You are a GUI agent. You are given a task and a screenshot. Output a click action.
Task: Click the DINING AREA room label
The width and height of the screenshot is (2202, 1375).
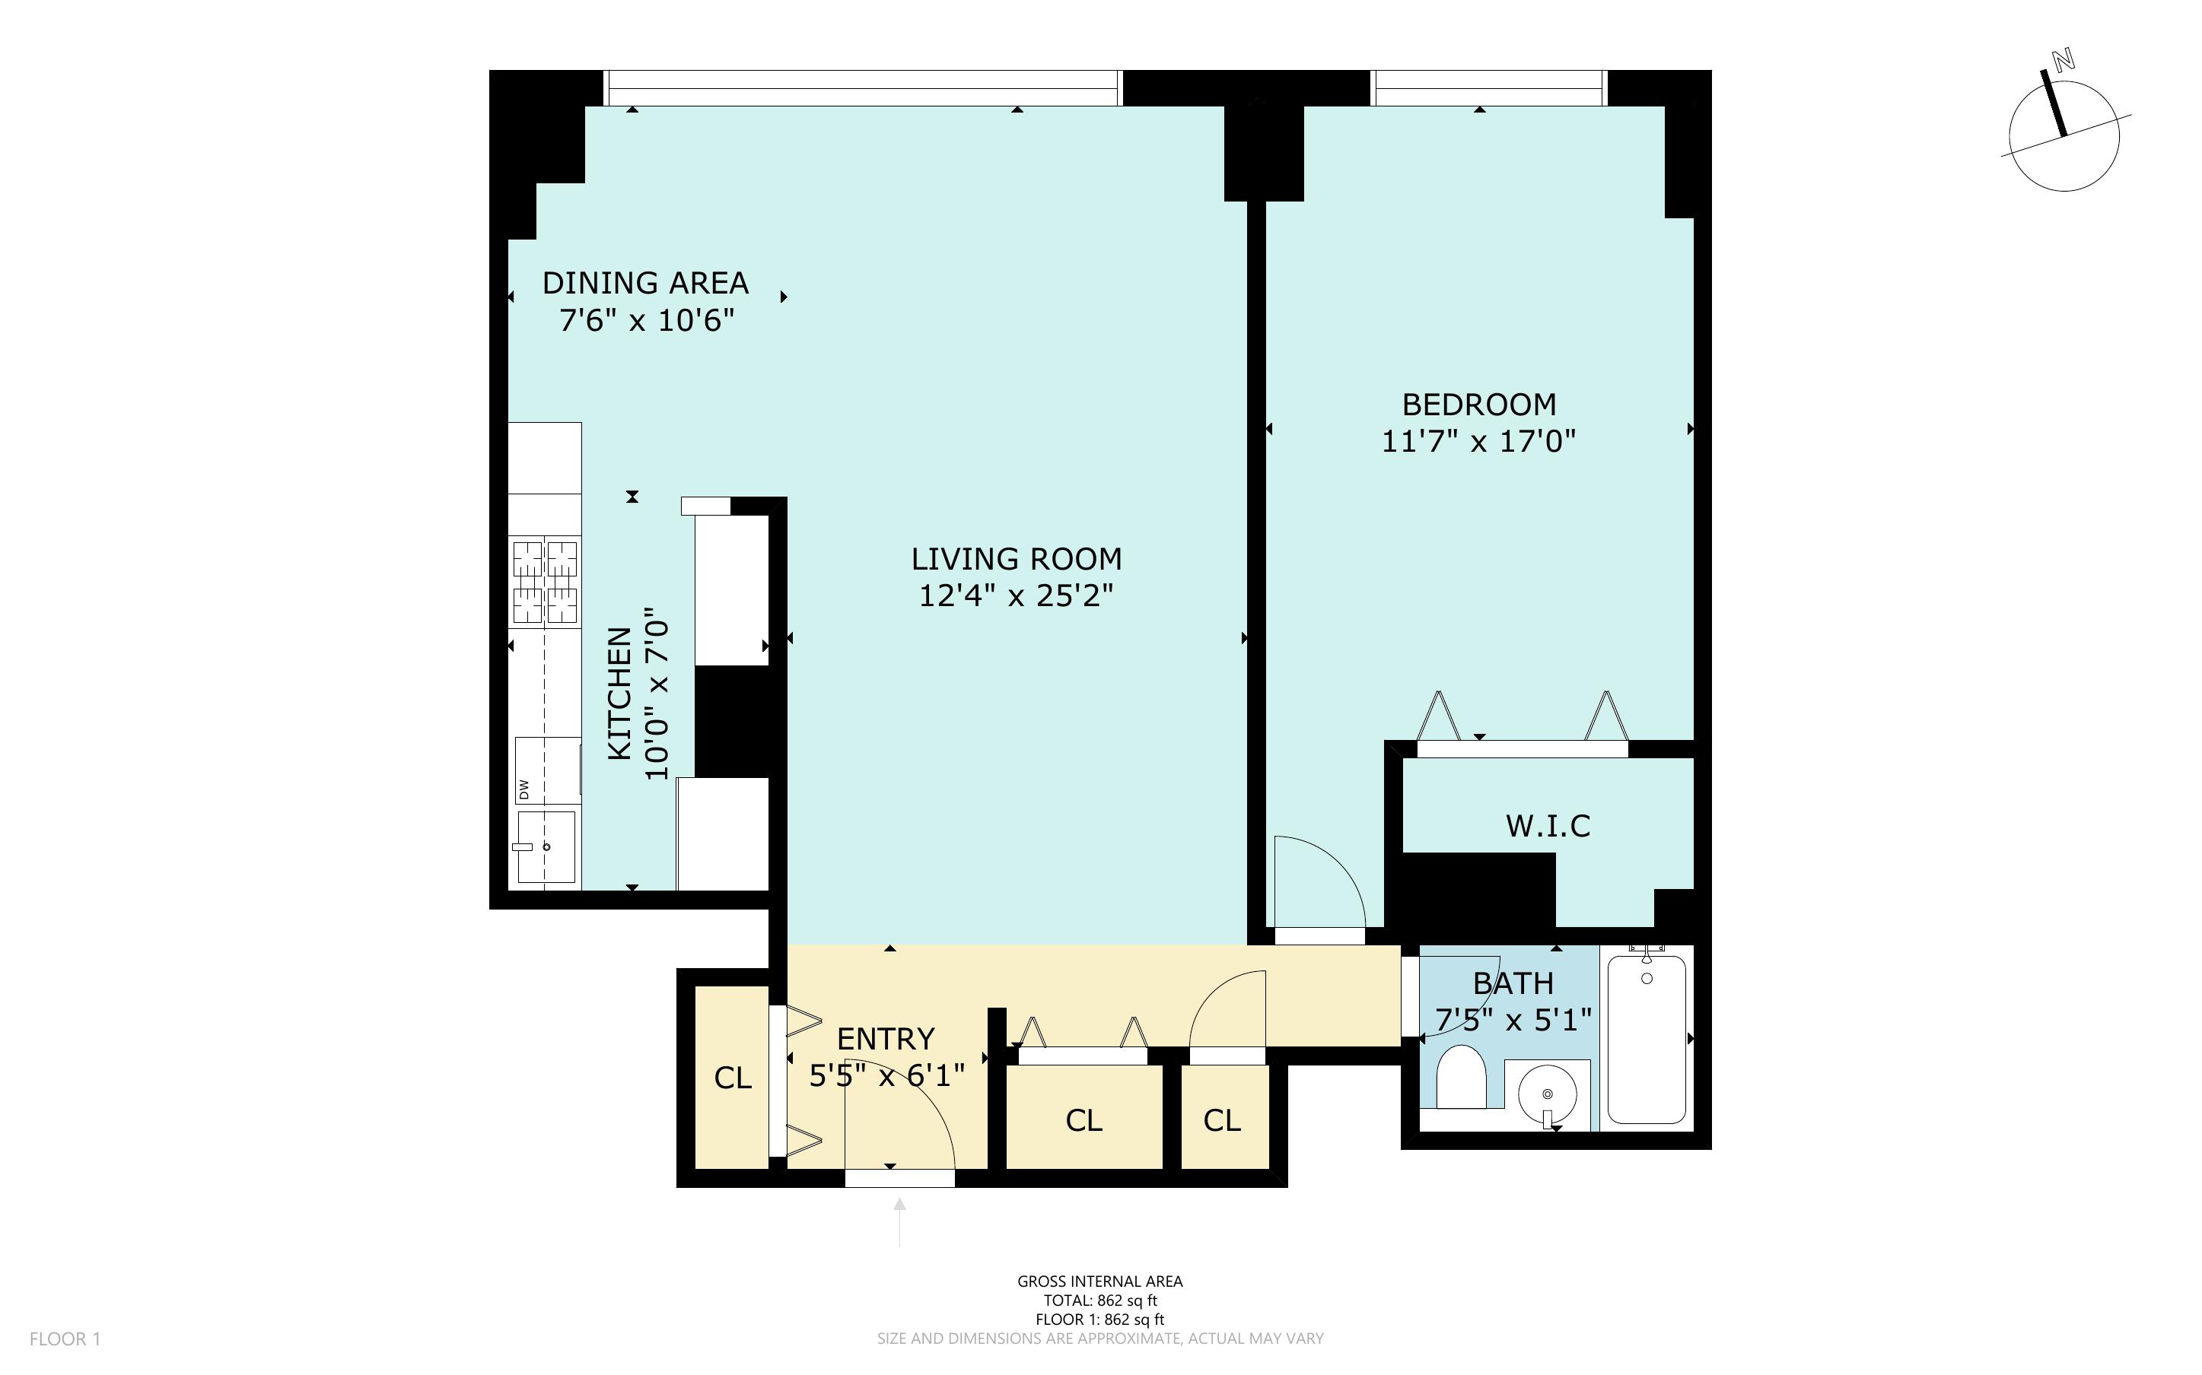645,283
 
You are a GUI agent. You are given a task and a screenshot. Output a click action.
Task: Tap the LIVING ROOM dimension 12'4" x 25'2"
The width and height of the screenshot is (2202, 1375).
1016,595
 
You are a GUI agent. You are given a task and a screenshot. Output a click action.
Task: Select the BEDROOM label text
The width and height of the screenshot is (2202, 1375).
1479,404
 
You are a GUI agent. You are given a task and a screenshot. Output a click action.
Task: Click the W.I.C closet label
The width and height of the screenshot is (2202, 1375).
1548,826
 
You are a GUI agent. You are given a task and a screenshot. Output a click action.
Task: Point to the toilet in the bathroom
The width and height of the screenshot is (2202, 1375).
1461,1077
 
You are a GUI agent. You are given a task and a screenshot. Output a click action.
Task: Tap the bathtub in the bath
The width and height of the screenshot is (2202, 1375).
1647,1039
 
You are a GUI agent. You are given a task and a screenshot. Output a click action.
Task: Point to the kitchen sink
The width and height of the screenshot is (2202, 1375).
546,846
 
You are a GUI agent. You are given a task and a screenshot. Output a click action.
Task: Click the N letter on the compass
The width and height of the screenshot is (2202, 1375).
2063,85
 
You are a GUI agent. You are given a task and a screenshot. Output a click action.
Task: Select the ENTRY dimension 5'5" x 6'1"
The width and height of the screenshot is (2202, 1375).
886,1077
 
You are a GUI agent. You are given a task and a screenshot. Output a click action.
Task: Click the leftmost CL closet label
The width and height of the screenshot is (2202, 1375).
732,1078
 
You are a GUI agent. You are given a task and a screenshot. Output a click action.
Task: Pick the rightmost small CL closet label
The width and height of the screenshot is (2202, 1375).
1221,1120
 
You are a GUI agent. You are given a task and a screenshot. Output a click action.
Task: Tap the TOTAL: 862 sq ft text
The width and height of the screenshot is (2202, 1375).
1099,1300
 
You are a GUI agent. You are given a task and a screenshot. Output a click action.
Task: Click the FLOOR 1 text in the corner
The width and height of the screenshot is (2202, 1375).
65,1338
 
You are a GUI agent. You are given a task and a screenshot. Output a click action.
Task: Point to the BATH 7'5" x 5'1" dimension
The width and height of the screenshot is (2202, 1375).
1513,1021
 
